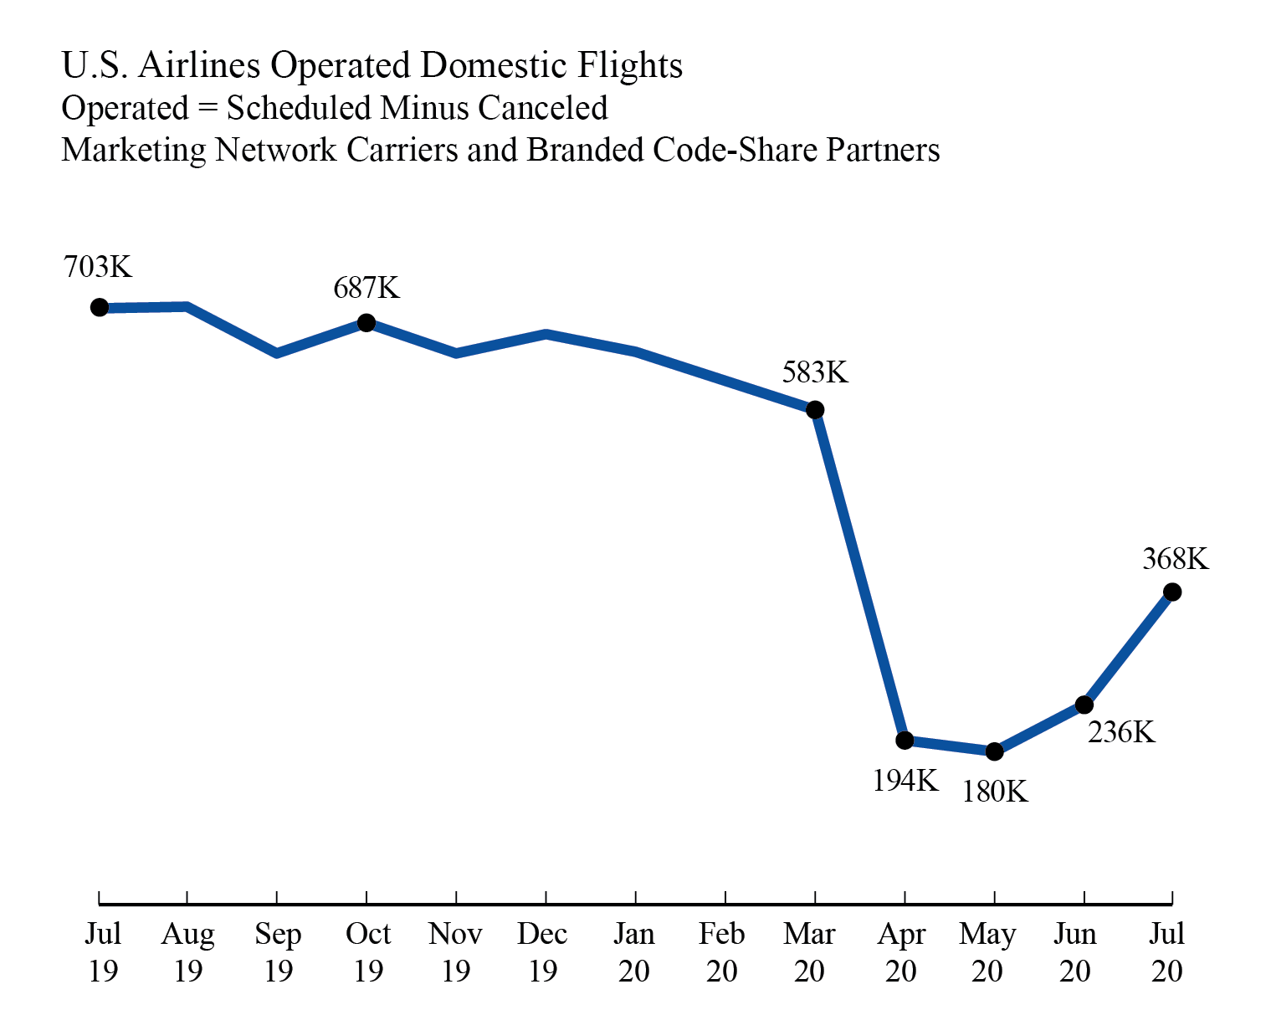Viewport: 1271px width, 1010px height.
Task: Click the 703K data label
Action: pos(98,267)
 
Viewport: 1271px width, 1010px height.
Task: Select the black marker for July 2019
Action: pos(100,307)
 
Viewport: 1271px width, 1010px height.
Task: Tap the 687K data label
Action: pos(366,288)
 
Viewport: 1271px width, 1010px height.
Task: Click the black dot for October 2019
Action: pos(366,322)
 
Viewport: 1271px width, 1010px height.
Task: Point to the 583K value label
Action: pos(815,372)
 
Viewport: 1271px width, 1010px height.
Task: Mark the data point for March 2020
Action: pos(815,410)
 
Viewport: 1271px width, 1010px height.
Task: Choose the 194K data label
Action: pos(905,781)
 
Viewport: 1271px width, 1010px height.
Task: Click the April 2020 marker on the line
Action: pos(905,740)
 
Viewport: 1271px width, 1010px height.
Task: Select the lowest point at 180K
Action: pos(994,751)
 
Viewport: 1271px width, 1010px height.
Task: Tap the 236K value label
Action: pos(1121,732)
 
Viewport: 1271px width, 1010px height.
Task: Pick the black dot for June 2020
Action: pos(1084,705)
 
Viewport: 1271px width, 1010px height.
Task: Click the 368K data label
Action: pos(1176,559)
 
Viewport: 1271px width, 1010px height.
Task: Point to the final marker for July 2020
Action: pos(1172,592)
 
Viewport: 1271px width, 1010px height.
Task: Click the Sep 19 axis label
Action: pos(278,952)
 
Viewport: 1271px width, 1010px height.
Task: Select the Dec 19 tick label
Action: pos(543,952)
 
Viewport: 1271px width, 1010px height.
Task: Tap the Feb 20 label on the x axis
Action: pos(722,952)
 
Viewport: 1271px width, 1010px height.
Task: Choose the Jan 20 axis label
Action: pos(633,952)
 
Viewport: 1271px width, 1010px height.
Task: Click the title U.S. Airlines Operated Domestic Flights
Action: pos(372,65)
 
